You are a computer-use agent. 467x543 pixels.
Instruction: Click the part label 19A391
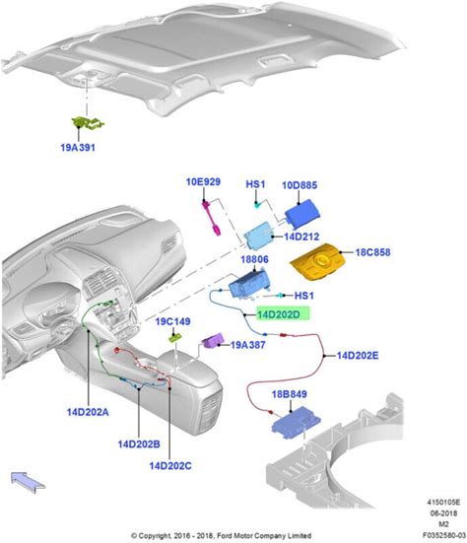pos(78,148)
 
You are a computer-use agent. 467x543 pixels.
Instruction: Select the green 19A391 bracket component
pos(88,123)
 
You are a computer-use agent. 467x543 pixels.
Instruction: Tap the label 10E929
pos(203,181)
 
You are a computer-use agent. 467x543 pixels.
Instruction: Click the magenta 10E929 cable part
pos(212,218)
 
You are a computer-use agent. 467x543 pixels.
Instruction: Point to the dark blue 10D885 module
pos(302,213)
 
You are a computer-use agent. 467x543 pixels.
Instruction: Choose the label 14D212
pos(301,237)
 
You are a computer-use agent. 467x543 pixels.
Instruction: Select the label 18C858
pos(372,252)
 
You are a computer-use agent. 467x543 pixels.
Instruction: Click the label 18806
pos(254,259)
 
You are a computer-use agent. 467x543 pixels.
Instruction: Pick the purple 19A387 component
pos(213,340)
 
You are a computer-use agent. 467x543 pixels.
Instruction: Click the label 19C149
pos(172,321)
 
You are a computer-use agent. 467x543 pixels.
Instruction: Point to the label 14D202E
pos(358,356)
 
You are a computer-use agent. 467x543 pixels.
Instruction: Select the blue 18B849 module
pos(296,423)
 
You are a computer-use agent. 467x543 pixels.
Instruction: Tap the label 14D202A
pos(88,412)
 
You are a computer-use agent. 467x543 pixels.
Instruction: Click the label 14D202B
pos(139,444)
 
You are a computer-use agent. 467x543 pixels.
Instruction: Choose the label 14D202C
pos(170,466)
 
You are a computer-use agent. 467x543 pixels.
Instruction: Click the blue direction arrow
pos(28,482)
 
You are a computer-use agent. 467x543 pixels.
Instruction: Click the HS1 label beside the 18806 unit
pos(304,296)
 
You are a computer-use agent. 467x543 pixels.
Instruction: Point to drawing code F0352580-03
pos(444,535)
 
